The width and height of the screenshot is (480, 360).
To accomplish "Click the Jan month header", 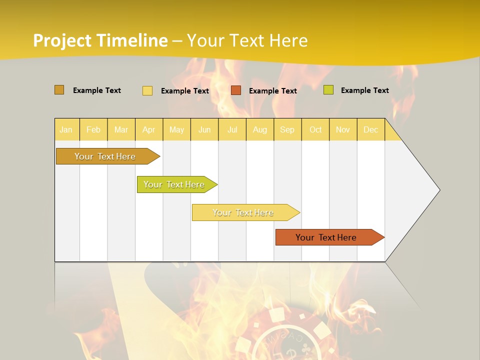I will click(66, 130).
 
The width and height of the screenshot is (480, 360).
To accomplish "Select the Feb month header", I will click(93, 130).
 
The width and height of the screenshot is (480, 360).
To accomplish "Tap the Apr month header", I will click(148, 130).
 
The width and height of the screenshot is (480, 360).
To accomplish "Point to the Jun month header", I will click(204, 130).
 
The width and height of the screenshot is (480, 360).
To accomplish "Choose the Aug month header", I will click(259, 130).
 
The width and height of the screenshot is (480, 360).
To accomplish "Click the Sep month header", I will click(287, 130).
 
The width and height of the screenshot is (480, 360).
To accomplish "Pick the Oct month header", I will click(315, 130).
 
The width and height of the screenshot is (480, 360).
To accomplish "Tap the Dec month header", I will click(370, 130).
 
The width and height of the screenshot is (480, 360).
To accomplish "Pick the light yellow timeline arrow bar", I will click(243, 212).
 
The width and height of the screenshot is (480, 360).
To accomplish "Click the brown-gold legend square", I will click(59, 90).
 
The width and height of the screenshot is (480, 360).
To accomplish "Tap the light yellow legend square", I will click(147, 90).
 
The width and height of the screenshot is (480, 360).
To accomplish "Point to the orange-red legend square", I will click(236, 90).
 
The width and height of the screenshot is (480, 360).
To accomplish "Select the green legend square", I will click(328, 90).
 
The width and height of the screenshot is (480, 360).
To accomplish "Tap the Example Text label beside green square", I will click(364, 90).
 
